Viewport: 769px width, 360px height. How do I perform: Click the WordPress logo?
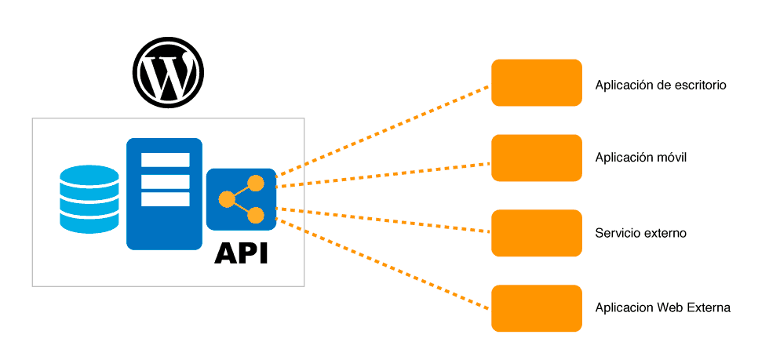point(168,72)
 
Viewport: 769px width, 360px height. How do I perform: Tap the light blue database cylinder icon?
point(89,199)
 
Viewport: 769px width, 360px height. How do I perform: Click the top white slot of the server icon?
point(165,160)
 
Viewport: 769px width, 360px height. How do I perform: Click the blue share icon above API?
point(241,199)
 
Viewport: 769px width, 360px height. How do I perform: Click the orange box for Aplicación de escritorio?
point(536,82)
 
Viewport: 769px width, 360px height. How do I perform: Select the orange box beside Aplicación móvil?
point(536,158)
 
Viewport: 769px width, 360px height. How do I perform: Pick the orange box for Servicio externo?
point(536,233)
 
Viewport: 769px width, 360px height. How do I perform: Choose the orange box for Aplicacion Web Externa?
point(536,307)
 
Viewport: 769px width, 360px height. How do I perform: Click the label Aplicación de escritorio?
point(661,85)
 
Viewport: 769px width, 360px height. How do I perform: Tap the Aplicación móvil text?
point(640,158)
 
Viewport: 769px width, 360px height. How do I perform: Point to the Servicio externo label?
point(640,234)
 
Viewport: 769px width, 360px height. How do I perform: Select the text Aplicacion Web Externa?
point(662,307)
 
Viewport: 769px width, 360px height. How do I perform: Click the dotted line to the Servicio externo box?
point(384,220)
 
